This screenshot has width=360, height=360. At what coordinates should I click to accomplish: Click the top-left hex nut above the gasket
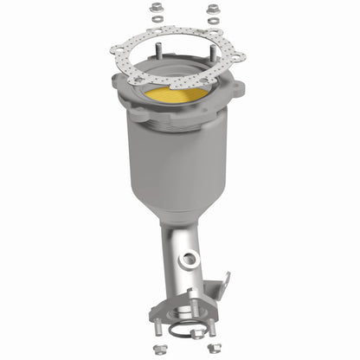click(157, 9)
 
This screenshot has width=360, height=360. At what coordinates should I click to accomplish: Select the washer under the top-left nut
click(157, 20)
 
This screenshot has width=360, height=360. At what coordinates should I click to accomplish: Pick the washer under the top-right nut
click(213, 21)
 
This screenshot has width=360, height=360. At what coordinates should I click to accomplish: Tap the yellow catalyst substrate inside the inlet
click(177, 93)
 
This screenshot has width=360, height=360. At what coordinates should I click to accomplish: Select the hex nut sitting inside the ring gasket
click(195, 332)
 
